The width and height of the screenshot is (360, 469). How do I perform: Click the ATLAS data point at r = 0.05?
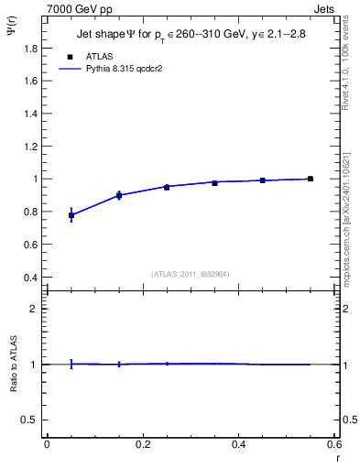pos(71,215)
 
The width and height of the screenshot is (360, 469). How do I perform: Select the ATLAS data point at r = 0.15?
pos(119,195)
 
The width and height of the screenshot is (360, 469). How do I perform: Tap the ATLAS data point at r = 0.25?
pos(167,187)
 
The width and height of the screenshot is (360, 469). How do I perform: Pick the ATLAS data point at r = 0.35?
pos(214,183)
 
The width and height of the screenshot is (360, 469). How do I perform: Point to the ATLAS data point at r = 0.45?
pos(263,180)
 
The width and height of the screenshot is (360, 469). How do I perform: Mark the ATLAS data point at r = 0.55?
pos(311,179)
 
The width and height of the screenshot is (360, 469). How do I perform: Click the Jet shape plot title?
pos(193,38)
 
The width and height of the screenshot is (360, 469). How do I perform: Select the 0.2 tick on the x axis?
pos(142,444)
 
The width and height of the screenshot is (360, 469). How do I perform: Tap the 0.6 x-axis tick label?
pos(333,444)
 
